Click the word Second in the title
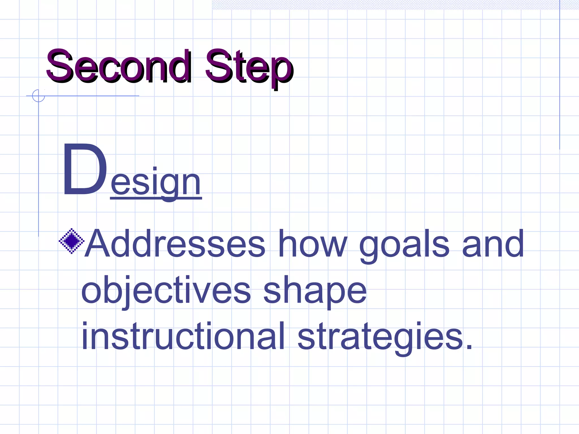pyautogui.click(x=119, y=66)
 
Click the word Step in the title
pyautogui.click(x=249, y=68)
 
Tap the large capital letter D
pyautogui.click(x=85, y=170)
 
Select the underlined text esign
pyautogui.click(x=155, y=182)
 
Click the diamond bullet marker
pyautogui.click(x=72, y=241)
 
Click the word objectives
pyautogui.click(x=166, y=291)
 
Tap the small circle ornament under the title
pyautogui.click(x=38, y=96)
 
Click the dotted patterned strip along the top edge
pyautogui.click(x=384, y=5)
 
